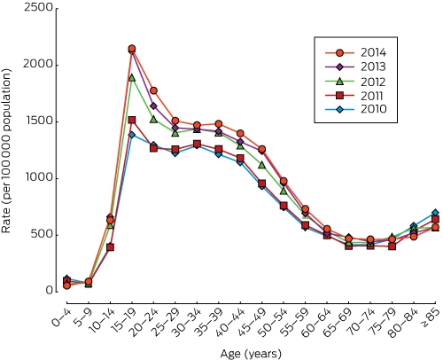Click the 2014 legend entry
click(355, 52)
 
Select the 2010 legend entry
click(355, 109)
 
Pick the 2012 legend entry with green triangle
click(355, 82)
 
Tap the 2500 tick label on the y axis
click(38, 7)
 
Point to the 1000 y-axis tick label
click(38, 178)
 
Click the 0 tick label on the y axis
click(49, 291)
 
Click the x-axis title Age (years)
click(251, 353)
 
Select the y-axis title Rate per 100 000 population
click(6, 151)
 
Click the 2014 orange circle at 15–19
click(132, 49)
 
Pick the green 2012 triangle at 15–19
click(132, 78)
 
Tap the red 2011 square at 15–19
click(132, 120)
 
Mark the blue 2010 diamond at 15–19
click(132, 135)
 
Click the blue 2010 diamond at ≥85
click(435, 213)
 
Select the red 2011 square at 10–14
click(110, 247)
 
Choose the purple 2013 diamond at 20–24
click(153, 106)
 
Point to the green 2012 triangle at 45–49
click(261, 165)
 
